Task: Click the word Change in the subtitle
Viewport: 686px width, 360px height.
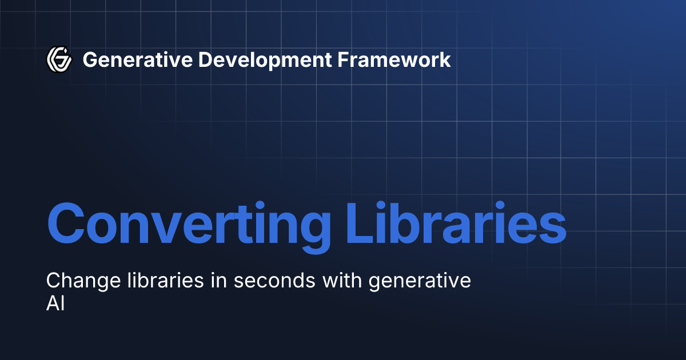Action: pyautogui.click(x=79, y=281)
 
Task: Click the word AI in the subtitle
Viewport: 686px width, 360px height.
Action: pyautogui.click(x=55, y=304)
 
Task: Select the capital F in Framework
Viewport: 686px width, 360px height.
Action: pyautogui.click(x=340, y=59)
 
